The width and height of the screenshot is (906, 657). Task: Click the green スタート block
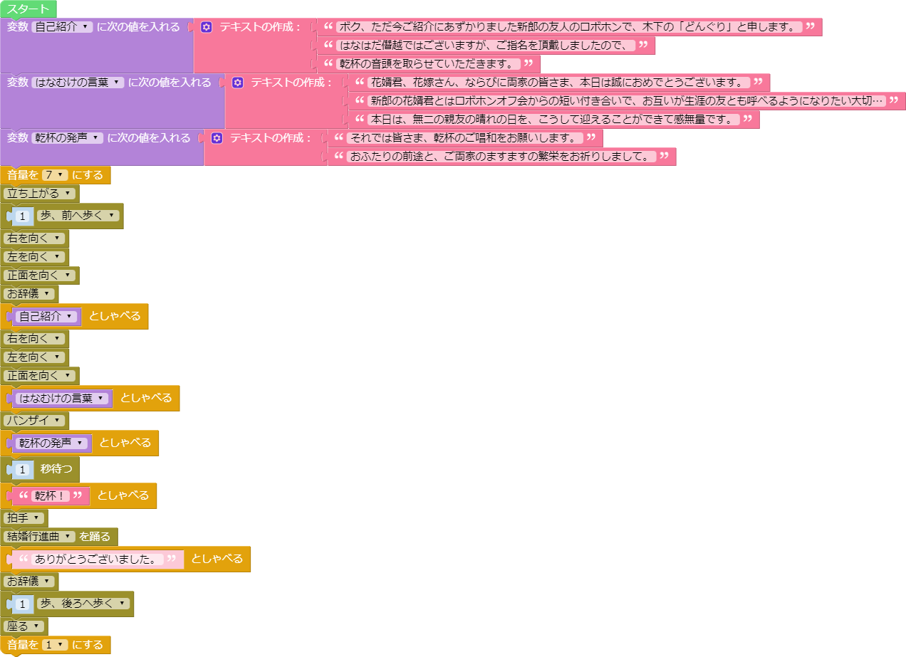tap(28, 9)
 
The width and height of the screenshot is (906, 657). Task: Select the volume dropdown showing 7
tap(54, 175)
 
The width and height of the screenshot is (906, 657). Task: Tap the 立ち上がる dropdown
tap(39, 194)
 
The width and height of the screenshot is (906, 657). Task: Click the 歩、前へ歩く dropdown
tap(78, 216)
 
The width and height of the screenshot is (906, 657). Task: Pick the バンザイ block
tap(35, 421)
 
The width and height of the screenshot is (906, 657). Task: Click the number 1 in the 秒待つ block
tap(23, 469)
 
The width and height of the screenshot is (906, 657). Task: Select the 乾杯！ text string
tap(50, 495)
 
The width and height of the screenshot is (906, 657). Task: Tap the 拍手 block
tap(24, 518)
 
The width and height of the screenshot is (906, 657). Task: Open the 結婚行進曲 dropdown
tap(39, 537)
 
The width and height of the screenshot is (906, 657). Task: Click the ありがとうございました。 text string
tap(97, 559)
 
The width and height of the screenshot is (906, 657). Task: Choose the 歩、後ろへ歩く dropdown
tap(83, 604)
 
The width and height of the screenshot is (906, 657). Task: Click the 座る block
tap(24, 626)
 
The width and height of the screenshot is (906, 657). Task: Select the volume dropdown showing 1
tap(54, 645)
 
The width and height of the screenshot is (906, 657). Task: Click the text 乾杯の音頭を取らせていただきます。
tap(428, 64)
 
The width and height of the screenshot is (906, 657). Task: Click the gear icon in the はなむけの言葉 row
tap(237, 83)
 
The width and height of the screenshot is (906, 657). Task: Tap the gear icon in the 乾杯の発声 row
tap(217, 138)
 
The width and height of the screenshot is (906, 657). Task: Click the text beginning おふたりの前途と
tap(501, 157)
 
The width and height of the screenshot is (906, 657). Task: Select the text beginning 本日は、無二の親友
tap(553, 120)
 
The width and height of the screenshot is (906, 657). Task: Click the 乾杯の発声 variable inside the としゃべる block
tap(51, 443)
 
